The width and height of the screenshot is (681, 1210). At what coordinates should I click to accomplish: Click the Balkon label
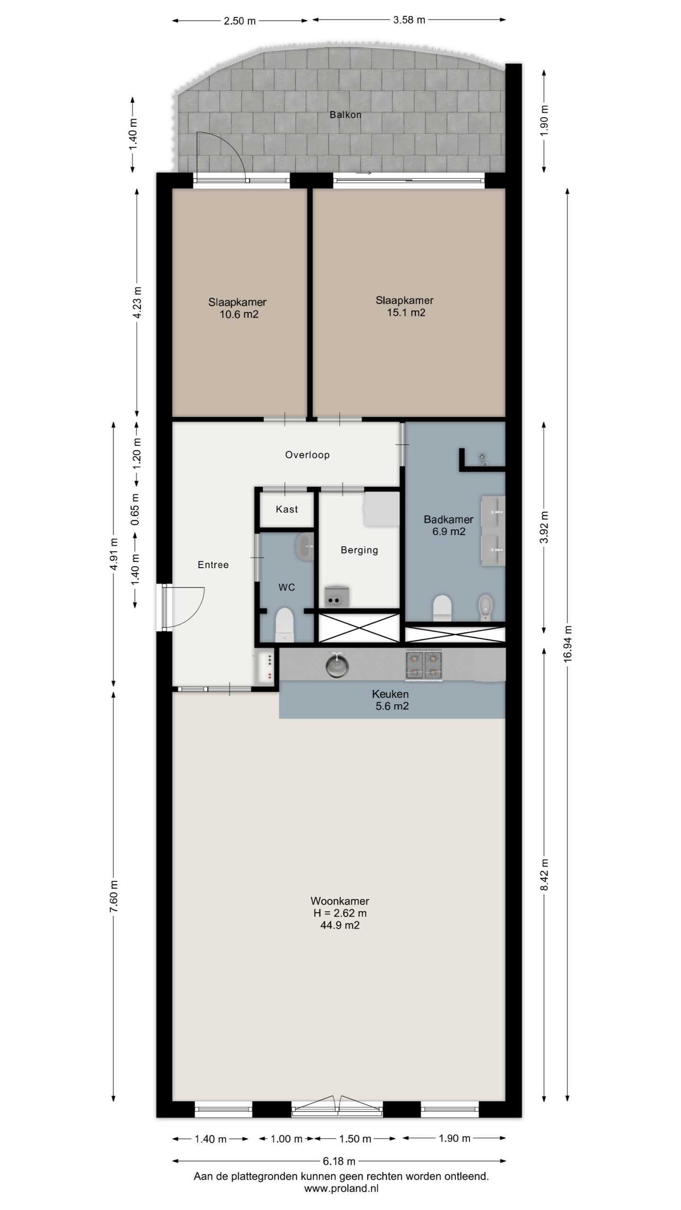(x=346, y=114)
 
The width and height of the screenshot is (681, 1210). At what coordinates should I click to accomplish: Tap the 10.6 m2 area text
(x=239, y=314)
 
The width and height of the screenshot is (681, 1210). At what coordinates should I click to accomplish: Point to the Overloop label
(x=307, y=455)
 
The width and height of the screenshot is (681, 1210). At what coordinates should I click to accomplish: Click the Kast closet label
(x=287, y=509)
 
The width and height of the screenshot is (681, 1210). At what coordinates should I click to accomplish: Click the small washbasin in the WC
(x=305, y=546)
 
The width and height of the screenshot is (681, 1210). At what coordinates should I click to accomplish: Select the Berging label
(x=359, y=550)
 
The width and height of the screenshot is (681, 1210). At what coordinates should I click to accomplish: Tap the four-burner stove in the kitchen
(x=424, y=665)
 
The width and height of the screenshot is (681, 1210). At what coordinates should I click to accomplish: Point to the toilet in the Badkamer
(x=443, y=607)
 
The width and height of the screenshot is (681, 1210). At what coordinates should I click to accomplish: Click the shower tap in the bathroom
(x=483, y=459)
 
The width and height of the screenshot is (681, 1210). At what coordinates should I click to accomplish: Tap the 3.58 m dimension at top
(x=409, y=19)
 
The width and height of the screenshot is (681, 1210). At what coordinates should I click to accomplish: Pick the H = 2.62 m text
(x=340, y=913)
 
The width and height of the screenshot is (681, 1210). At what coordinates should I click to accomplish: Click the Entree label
(x=213, y=564)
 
